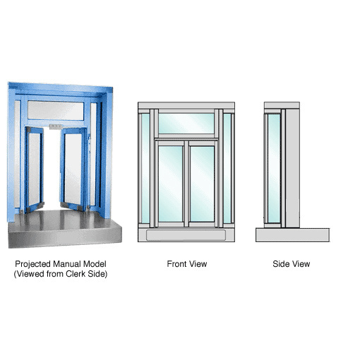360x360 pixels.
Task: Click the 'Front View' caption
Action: pyautogui.click(x=187, y=264)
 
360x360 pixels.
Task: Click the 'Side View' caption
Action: pyautogui.click(x=291, y=264)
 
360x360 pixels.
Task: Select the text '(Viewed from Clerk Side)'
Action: pyautogui.click(x=60, y=273)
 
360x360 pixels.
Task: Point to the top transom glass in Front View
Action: pyautogui.click(x=186, y=124)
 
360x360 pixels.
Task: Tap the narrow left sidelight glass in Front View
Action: pyautogui.click(x=146, y=169)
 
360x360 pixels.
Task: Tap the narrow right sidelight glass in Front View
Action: pyautogui.click(x=227, y=169)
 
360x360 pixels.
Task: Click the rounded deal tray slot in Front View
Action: pyautogui.click(x=185, y=234)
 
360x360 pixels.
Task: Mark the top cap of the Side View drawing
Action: pyautogui.click(x=282, y=105)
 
